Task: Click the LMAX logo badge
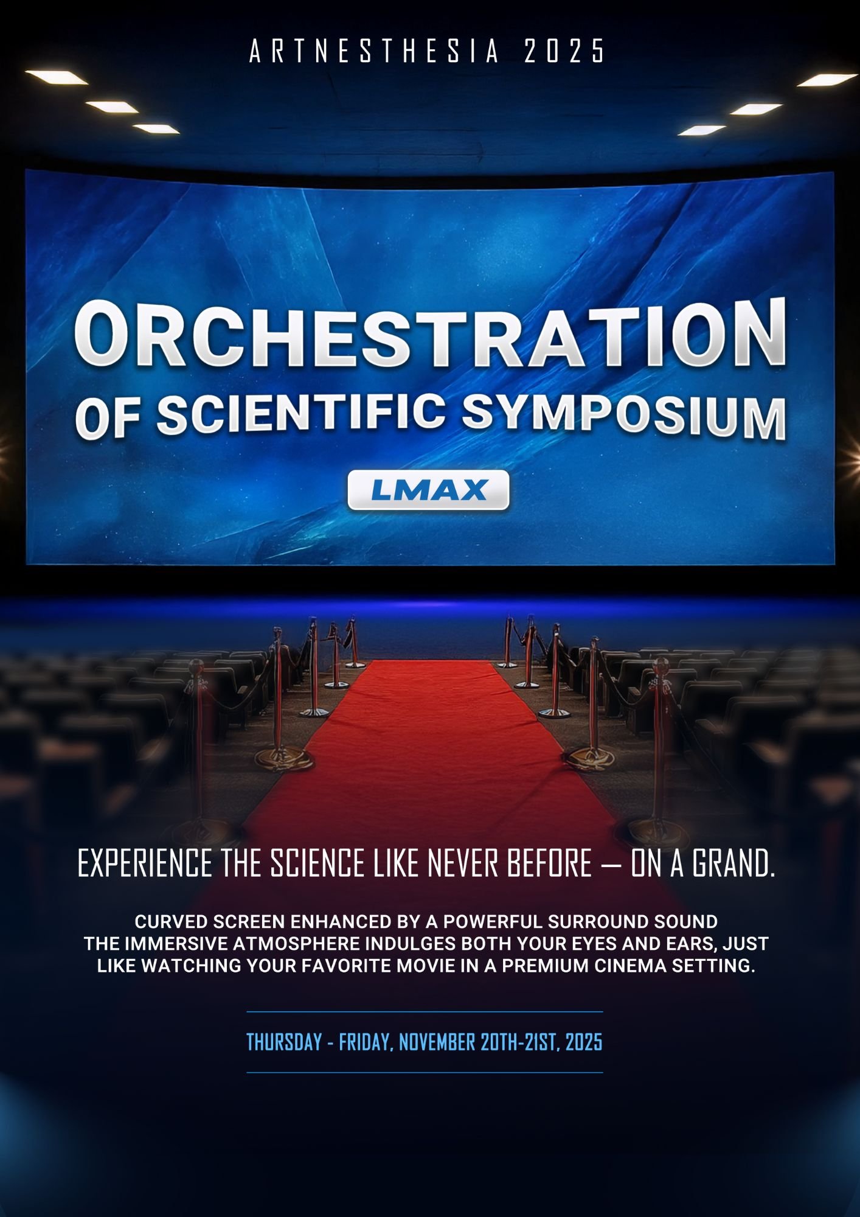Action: pyautogui.click(x=428, y=490)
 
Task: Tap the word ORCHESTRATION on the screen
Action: pyautogui.click(x=430, y=335)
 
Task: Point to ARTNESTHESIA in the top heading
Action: pyautogui.click(x=374, y=51)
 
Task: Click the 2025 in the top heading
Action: pyautogui.click(x=564, y=51)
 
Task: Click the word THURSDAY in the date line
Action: pyautogui.click(x=284, y=1042)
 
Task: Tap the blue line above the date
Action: pyautogui.click(x=425, y=1012)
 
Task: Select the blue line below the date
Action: pyautogui.click(x=425, y=1073)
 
